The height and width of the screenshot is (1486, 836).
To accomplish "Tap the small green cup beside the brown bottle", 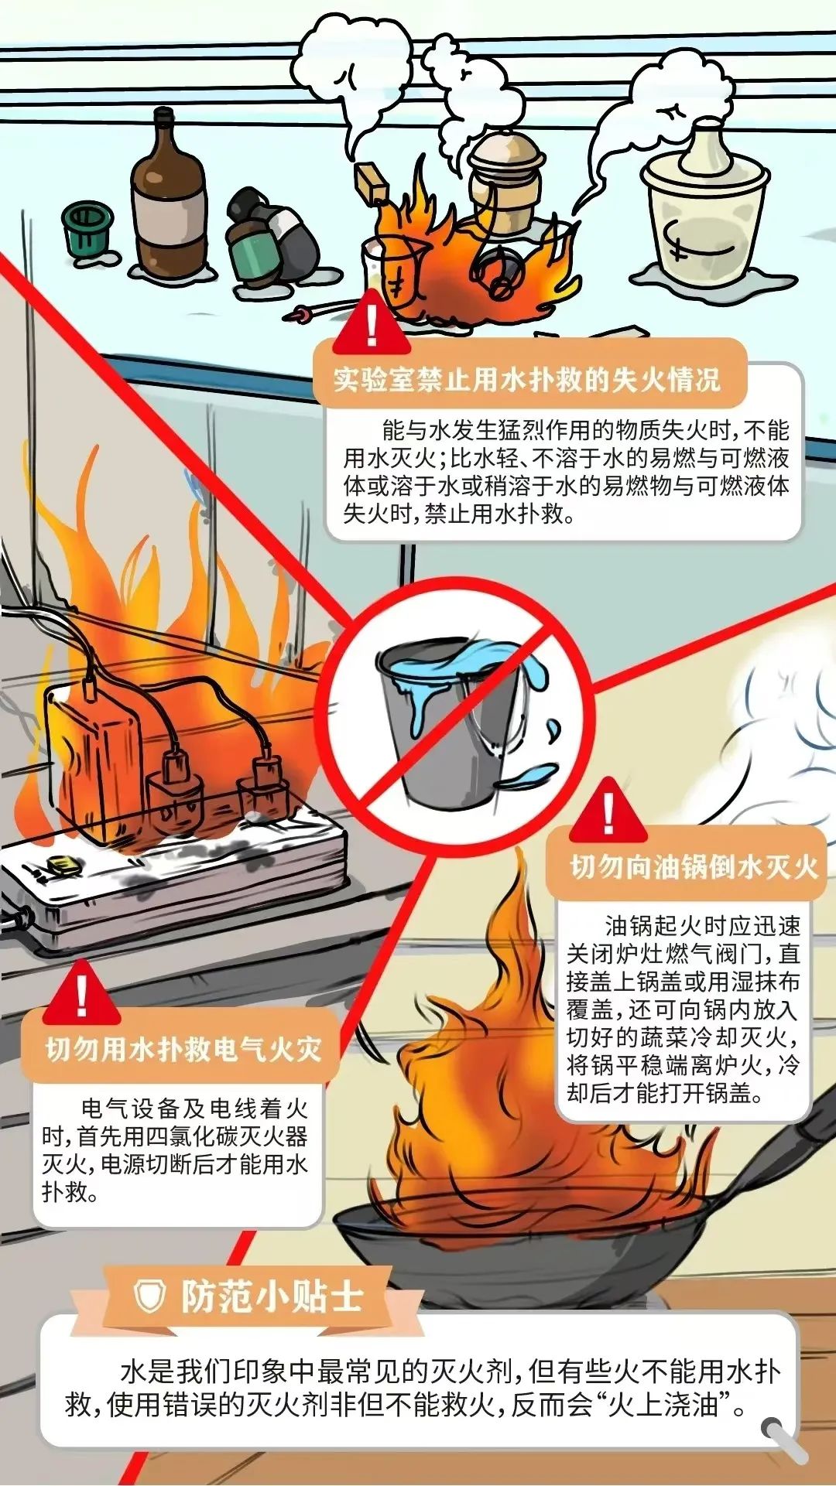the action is pyautogui.click(x=87, y=230).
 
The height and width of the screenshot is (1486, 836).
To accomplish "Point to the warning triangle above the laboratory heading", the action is pyautogui.click(x=372, y=326).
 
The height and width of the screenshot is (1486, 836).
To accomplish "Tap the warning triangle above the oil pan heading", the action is pyautogui.click(x=608, y=813).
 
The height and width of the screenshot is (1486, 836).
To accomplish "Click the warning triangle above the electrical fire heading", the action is pyautogui.click(x=82, y=995).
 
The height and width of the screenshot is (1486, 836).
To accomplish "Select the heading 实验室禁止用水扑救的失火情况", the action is pyautogui.click(x=527, y=380).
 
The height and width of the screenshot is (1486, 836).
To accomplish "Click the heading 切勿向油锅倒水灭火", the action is pyautogui.click(x=694, y=867).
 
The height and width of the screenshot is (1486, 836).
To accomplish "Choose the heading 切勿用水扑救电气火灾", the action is pyautogui.click(x=183, y=1050).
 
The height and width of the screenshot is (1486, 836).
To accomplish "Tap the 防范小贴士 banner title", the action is pyautogui.click(x=272, y=1296).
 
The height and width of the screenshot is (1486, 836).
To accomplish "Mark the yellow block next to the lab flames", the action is pyautogui.click(x=371, y=183).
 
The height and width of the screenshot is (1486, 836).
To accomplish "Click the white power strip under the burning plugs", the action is pyautogui.click(x=174, y=873).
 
